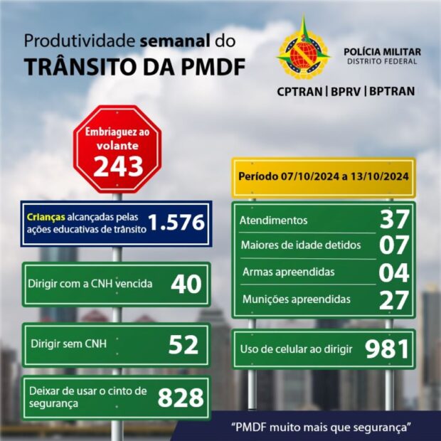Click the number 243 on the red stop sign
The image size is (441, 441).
pyautogui.click(x=117, y=166)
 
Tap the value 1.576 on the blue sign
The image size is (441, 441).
pyautogui.click(x=177, y=223)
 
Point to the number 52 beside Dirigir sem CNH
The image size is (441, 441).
pyautogui.click(x=183, y=345)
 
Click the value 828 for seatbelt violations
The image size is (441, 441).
pyautogui.click(x=181, y=398)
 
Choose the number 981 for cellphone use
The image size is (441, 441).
pyautogui.click(x=387, y=349)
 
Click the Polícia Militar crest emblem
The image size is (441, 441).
pyautogui.click(x=304, y=51)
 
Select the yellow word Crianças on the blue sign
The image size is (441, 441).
pyautogui.click(x=46, y=216)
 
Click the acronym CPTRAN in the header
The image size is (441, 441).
pyautogui.click(x=299, y=91)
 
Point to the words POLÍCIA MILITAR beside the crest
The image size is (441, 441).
pyautogui.click(x=382, y=52)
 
